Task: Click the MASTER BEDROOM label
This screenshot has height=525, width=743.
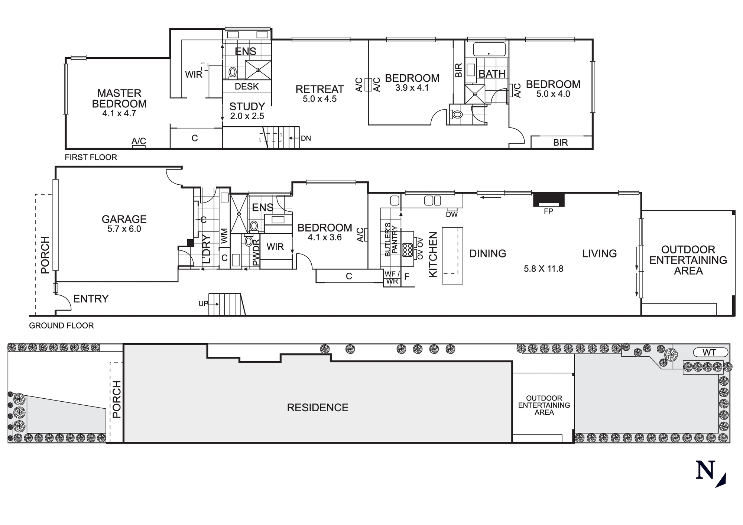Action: pos(119,98)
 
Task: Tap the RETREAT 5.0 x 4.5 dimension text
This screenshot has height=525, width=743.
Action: pos(319,99)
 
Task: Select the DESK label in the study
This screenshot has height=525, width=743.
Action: pos(247,87)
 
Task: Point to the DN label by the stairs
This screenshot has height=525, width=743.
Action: pos(306,139)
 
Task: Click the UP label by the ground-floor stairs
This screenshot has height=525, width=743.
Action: pos(203,304)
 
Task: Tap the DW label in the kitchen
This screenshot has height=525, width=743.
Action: pos(452,214)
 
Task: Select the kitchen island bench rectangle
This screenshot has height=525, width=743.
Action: pos(452,256)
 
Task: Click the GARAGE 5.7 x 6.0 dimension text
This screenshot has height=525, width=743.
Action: pos(124,229)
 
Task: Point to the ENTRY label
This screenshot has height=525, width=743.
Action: pos(91,299)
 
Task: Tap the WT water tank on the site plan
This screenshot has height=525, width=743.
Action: pos(710,352)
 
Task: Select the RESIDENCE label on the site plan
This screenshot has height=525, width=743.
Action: pos(318,408)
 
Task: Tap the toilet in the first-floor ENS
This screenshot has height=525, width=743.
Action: pos(233,72)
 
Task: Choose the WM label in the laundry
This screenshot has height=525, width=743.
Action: pos(224,236)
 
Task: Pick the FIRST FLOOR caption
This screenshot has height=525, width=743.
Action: pos(91,157)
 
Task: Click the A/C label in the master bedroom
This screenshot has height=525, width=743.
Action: pos(139,141)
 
